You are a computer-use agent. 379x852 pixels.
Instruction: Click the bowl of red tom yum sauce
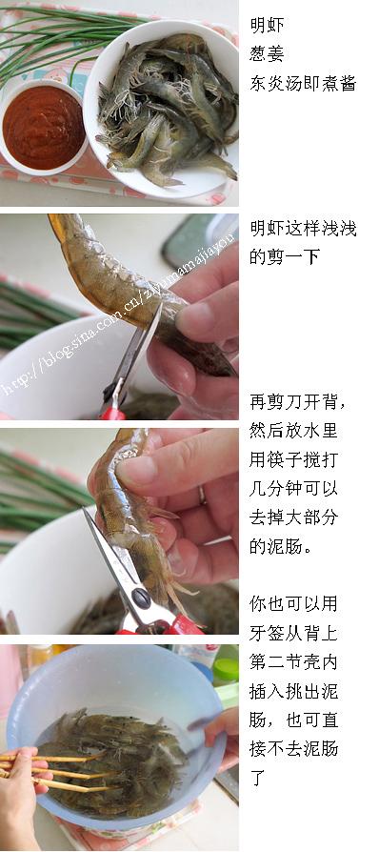[42, 129]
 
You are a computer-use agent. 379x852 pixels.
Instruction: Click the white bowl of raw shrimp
[163, 108]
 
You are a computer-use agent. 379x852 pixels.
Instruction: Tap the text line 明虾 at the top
[268, 25]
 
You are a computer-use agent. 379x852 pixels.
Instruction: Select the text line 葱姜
[268, 53]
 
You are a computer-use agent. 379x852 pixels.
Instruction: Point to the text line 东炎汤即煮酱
[303, 83]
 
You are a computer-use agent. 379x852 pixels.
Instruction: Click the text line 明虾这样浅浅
[303, 228]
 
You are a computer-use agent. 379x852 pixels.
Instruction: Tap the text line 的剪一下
[285, 257]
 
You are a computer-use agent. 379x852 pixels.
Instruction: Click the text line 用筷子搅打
[293, 459]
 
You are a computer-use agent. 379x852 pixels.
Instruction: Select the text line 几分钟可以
[293, 489]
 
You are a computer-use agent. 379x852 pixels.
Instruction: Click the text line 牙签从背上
[293, 633]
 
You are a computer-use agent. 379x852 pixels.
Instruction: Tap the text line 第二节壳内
[293, 661]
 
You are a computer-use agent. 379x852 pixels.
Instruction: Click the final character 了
[258, 778]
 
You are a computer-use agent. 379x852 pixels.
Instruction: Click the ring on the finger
[202, 495]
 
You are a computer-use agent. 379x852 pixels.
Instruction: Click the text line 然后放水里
[293, 431]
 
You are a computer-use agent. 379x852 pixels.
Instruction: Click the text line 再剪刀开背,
[298, 402]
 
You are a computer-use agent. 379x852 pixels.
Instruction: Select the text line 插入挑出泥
[293, 691]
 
